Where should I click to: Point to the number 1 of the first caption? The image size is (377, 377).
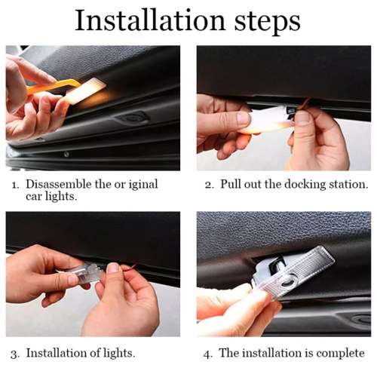coord(14,184)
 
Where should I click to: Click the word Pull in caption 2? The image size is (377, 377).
coord(231,184)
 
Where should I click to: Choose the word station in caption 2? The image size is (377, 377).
coord(347,184)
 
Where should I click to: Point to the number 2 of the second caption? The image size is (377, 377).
coord(208,184)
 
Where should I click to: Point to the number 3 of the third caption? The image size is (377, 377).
coord(14,353)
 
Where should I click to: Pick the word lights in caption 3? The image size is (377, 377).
coord(118,353)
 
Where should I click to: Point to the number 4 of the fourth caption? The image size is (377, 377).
coord(208,353)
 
